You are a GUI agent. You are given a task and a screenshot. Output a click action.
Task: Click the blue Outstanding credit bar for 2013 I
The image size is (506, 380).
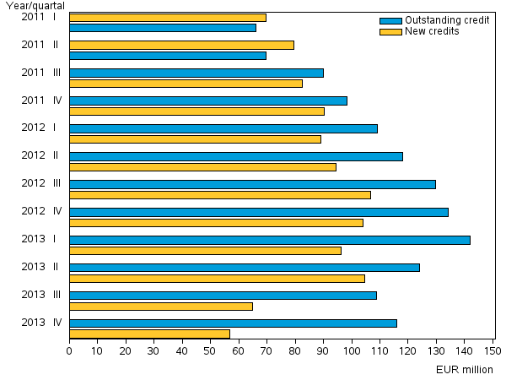(x=269, y=240)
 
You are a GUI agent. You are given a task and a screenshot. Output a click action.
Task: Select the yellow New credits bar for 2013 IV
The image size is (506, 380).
(x=149, y=334)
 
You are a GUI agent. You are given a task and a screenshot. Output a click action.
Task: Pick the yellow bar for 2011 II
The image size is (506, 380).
(x=181, y=45)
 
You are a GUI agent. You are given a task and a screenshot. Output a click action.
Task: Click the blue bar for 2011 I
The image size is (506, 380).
(x=162, y=28)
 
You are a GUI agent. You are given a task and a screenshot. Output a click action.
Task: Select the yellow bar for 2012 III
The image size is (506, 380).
(x=219, y=195)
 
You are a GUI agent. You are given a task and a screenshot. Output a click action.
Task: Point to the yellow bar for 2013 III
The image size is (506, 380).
(x=160, y=306)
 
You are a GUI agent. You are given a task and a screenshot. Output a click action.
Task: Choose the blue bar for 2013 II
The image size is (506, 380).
(x=244, y=268)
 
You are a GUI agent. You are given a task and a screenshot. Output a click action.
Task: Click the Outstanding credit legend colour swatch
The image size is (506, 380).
(x=390, y=20)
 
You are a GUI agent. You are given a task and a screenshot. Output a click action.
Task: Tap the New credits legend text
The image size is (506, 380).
(x=433, y=31)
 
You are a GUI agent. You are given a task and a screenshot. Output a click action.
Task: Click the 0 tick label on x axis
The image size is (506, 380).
(x=69, y=350)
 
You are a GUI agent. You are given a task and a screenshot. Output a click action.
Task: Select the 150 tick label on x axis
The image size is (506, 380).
(x=492, y=350)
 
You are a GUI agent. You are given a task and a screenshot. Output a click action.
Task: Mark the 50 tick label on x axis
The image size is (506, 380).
(x=210, y=350)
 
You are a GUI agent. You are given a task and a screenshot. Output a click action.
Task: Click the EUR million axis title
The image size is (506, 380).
(x=465, y=369)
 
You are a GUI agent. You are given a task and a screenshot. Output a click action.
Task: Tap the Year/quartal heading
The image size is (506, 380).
(x=35, y=6)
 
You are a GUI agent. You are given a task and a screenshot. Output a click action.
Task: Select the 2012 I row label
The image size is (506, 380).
(x=39, y=128)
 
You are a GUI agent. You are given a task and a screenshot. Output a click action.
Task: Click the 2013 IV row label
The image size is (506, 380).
(x=40, y=322)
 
